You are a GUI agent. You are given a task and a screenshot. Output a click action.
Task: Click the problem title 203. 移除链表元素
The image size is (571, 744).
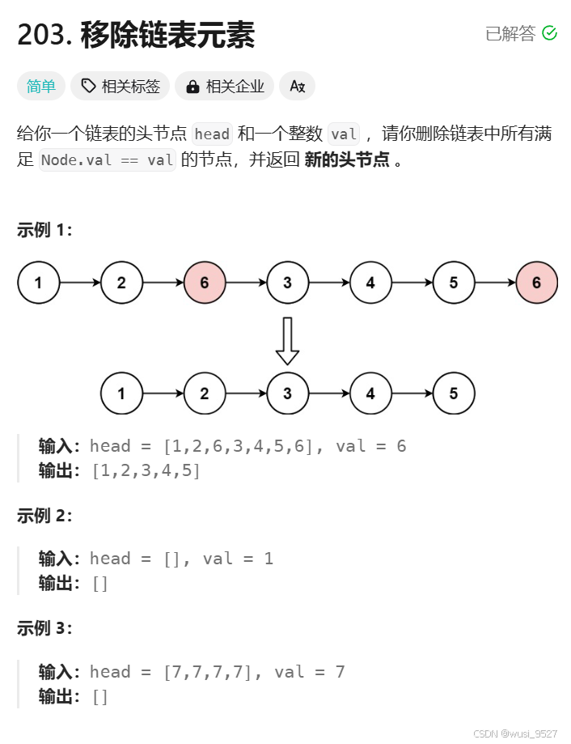(136, 35)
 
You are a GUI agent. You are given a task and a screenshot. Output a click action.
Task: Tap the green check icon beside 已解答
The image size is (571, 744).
(549, 33)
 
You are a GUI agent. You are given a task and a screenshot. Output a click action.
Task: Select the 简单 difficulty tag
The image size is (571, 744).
(41, 86)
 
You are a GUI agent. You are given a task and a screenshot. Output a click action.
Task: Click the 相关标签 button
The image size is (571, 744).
(120, 86)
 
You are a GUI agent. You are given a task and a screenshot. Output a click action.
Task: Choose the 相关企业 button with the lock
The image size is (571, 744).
(225, 86)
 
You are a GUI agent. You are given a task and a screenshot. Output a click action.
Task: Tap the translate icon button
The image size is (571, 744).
(297, 86)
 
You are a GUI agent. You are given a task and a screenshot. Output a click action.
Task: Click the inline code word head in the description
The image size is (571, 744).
(213, 134)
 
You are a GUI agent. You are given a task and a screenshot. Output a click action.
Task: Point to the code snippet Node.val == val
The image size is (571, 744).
(108, 160)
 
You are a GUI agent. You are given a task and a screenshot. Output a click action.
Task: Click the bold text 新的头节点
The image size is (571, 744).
(347, 160)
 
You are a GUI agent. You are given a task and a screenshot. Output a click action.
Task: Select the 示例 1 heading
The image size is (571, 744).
(44, 230)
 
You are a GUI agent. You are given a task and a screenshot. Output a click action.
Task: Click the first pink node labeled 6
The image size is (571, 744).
(205, 283)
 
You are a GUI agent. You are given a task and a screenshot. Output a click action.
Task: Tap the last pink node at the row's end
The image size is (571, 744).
(536, 283)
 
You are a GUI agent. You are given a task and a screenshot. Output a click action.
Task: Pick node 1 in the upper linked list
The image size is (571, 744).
(38, 283)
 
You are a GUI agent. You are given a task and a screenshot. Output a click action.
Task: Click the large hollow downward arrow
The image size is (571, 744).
(287, 341)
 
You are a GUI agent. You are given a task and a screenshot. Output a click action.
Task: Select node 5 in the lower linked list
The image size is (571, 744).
(453, 393)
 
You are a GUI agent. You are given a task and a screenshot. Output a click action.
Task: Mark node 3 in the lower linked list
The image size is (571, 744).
(287, 393)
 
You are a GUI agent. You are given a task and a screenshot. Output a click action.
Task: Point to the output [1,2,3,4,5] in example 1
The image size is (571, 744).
(146, 470)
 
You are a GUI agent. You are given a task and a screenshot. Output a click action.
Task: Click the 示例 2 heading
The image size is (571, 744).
(44, 516)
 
